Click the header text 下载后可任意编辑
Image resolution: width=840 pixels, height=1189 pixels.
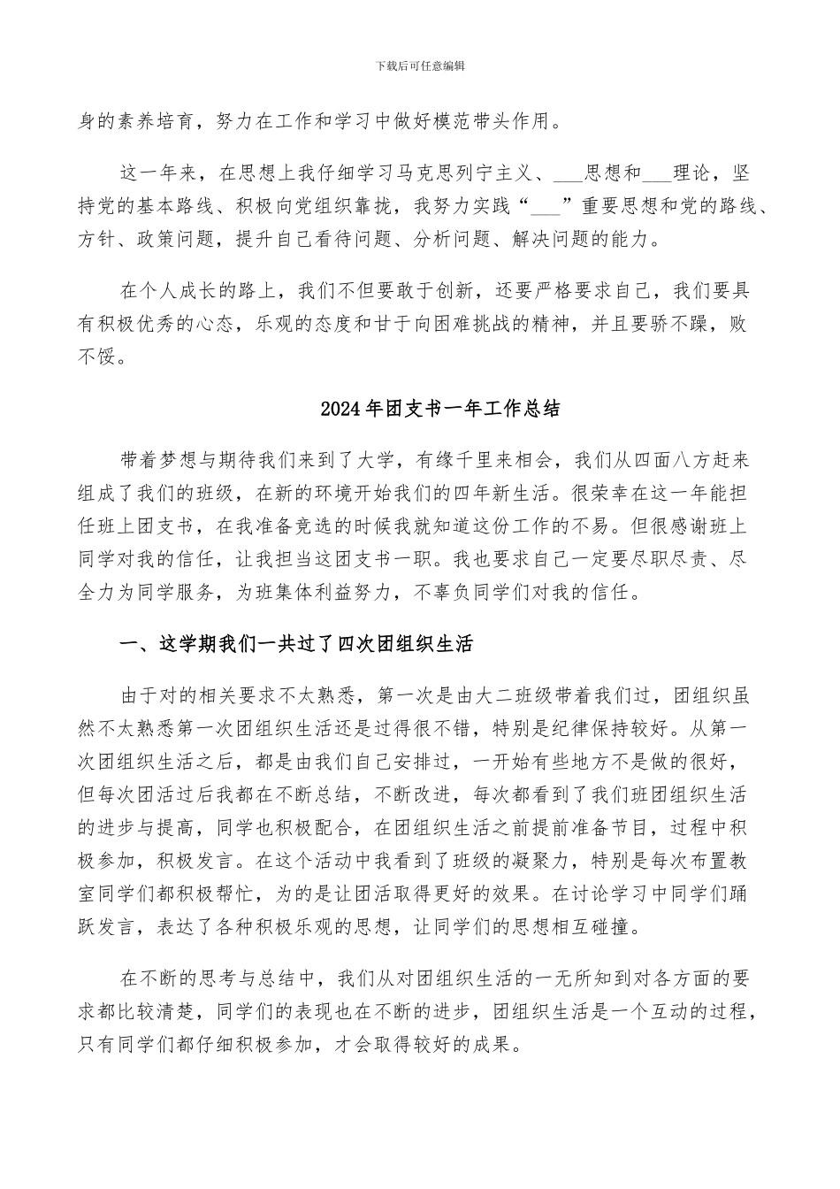[420, 66]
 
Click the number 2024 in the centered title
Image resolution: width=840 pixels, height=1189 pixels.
[338, 410]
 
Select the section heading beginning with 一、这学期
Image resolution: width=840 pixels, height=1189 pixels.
[295, 645]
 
